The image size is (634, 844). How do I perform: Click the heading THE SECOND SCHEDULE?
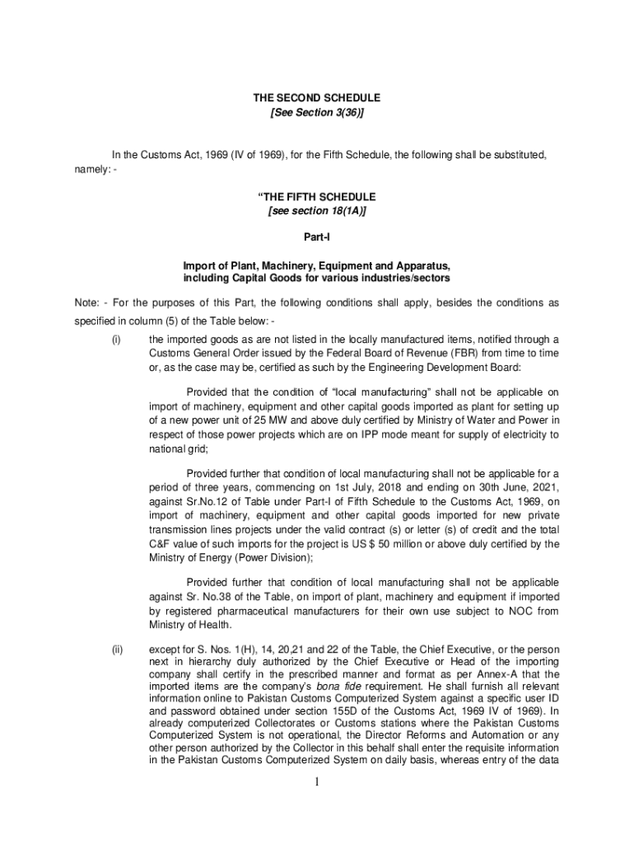tap(317, 98)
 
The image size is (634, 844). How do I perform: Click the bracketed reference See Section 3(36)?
tap(317, 113)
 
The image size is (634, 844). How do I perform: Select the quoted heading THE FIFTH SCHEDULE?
tap(317, 197)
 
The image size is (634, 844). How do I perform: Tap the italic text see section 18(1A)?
tap(317, 212)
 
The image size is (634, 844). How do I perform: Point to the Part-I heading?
tap(317, 237)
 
